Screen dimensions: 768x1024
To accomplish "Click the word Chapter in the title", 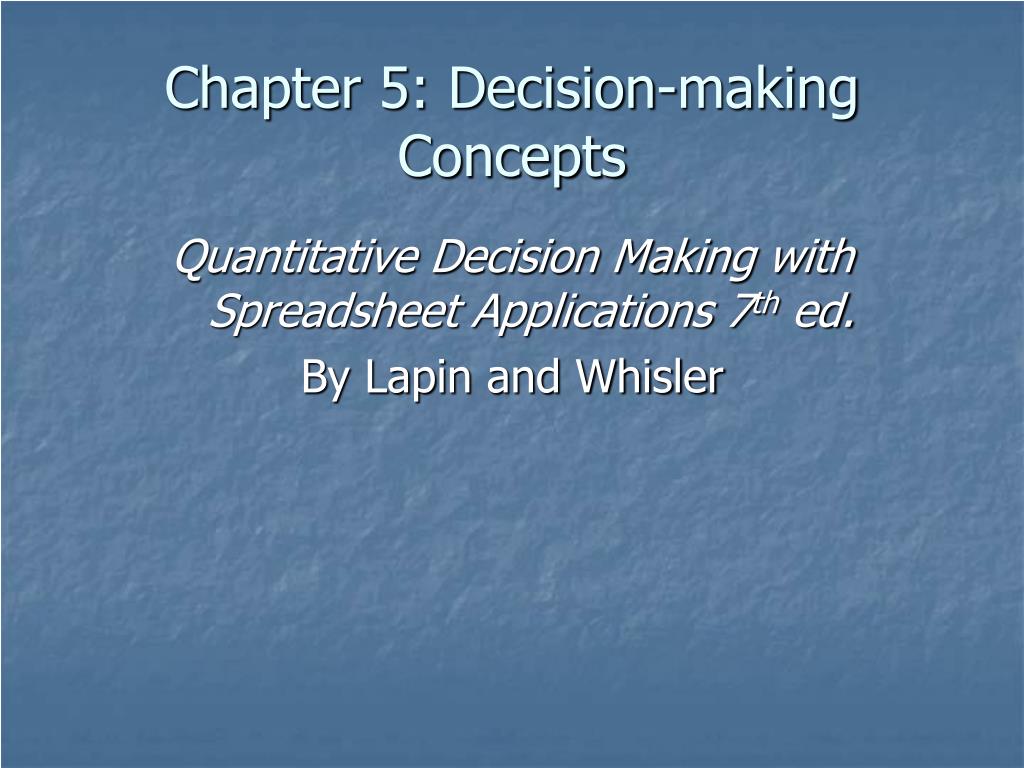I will [261, 90].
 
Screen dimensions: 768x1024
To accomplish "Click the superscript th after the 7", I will [764, 304].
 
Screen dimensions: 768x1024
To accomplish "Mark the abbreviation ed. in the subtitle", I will [825, 313].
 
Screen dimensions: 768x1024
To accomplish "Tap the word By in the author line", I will [323, 377].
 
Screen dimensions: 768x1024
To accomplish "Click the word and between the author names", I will [514, 377].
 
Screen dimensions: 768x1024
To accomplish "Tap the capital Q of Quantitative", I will [190, 258].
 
